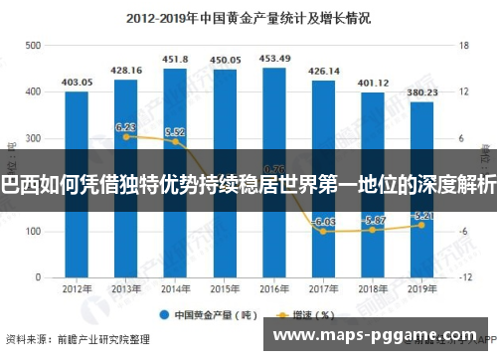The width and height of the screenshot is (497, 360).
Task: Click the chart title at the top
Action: click(249, 17)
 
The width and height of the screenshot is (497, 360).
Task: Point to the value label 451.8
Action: click(175, 59)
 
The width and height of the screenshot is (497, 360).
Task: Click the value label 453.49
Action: click(274, 59)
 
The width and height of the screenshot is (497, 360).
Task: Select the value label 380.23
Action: click(421, 92)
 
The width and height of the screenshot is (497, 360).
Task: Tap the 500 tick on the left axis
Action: click(33, 46)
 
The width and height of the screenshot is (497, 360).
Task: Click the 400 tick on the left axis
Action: click(33, 92)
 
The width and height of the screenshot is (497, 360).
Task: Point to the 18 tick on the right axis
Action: click(463, 46)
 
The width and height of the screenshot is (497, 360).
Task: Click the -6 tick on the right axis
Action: click(463, 231)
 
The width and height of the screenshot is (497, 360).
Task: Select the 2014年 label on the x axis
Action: click(175, 290)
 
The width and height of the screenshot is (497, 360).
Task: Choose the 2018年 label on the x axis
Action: click(373, 290)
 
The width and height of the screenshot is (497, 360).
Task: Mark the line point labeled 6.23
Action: click(126, 136)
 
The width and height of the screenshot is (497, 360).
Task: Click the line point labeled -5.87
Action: click(373, 230)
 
